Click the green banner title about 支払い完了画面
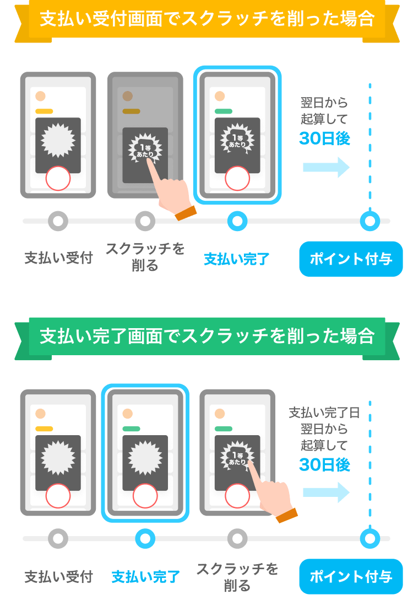pos(207,336)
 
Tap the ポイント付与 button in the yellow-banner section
pos(351,259)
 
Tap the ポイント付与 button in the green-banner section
pos(351,576)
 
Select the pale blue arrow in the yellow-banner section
pos(326,167)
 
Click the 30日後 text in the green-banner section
pos(324,465)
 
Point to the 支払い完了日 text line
pos(324,413)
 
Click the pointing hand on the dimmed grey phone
pos(171,193)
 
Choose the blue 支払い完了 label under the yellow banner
pos(237,259)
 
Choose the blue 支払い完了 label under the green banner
pos(145,577)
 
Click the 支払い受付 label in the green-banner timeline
pos(58,577)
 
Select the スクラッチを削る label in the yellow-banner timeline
pos(145,257)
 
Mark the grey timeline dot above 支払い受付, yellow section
pos(58,221)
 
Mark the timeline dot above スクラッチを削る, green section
pos(237,538)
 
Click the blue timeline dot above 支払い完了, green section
pos(145,538)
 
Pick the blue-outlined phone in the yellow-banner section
pos(237,135)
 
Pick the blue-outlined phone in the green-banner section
pos(145,452)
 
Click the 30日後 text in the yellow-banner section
pos(324,138)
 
